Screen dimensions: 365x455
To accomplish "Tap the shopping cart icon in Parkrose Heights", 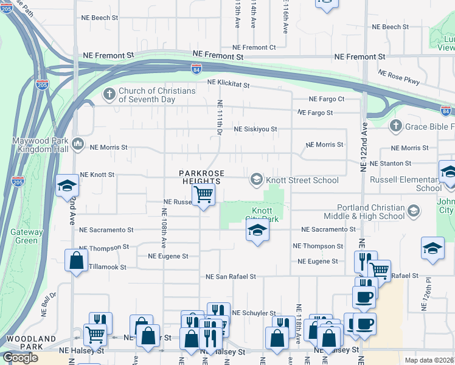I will pos(204,195).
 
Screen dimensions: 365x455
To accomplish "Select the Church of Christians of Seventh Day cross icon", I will pos(109,94).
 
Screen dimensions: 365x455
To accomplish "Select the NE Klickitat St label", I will pos(228,84).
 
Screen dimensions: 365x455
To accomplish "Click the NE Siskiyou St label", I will pos(255,130).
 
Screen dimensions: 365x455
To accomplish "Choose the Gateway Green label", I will pos(27,236).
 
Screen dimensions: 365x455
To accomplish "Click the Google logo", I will pos(20,357).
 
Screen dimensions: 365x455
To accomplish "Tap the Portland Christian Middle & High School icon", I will pos(414,211).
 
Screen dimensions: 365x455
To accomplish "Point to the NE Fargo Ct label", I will pos(327,99).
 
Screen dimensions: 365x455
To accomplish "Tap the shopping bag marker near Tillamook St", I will pos(76,260).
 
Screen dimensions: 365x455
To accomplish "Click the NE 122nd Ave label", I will pos(364,147).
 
